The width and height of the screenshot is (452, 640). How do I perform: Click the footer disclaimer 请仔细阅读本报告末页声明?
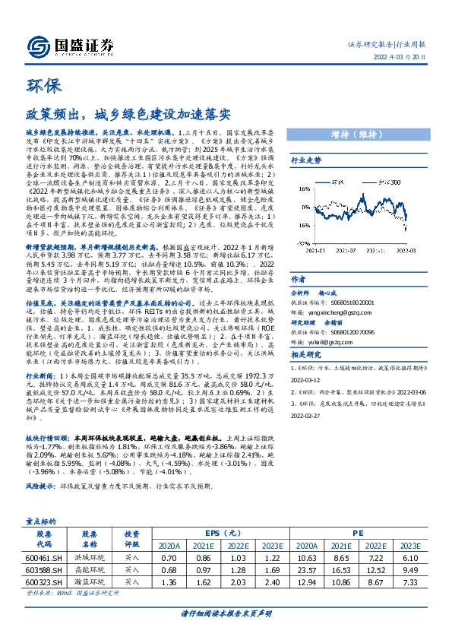coord(226,613)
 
